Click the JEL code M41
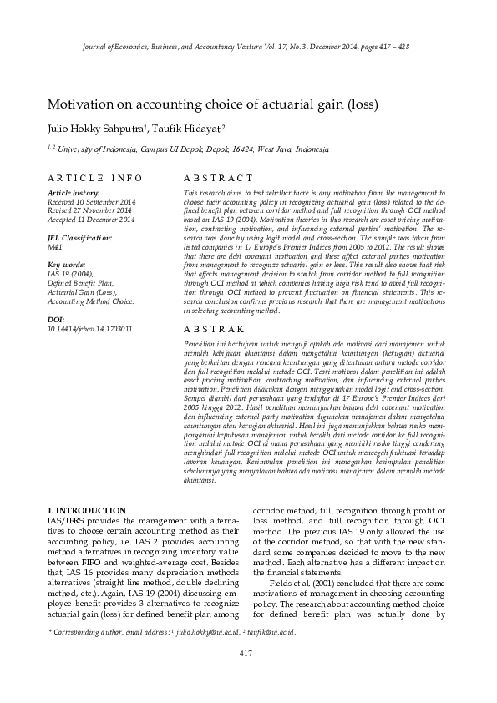pos(56,247)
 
